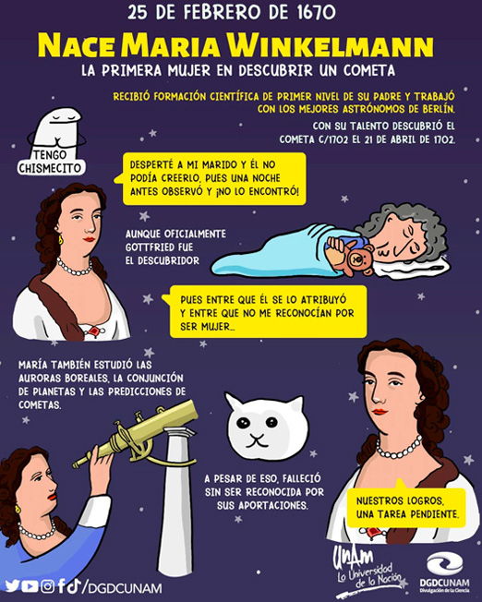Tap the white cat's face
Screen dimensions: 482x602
(x=265, y=427)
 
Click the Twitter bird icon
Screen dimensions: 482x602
(x=13, y=586)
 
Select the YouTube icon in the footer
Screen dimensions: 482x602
(x=30, y=586)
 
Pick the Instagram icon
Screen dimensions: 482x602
(x=48, y=586)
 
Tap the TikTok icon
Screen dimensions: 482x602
(x=75, y=585)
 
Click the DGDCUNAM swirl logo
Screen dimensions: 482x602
(x=445, y=565)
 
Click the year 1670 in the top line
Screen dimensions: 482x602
(x=316, y=13)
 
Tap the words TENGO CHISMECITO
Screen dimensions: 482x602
(x=50, y=162)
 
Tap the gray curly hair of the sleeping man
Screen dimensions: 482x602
(x=407, y=227)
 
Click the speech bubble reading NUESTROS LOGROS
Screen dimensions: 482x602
(x=406, y=507)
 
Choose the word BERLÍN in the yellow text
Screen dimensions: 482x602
(x=433, y=109)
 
